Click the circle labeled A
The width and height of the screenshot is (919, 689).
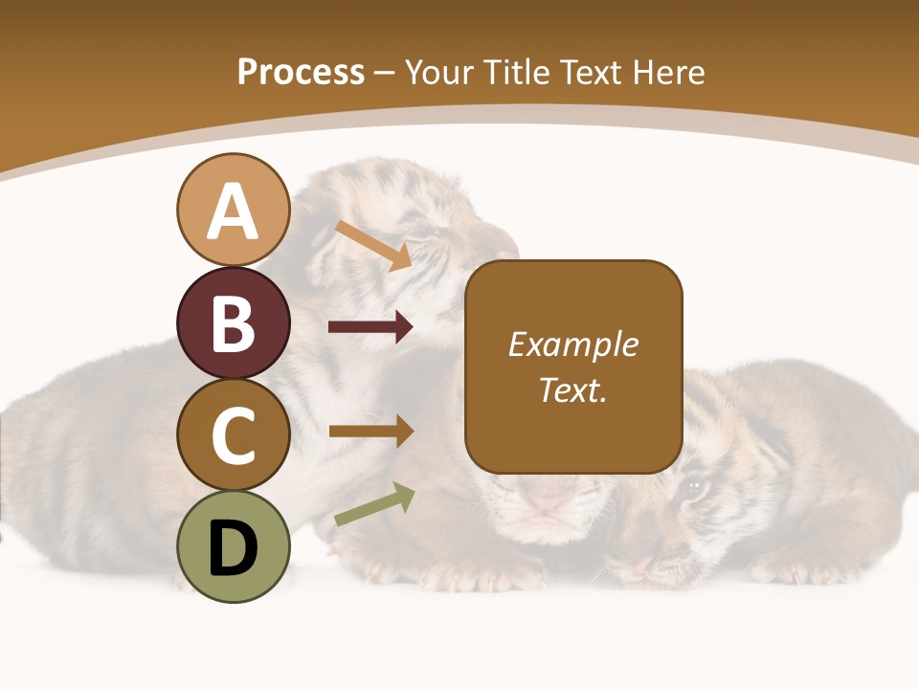coord(233,210)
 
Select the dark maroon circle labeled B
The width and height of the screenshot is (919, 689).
coord(233,322)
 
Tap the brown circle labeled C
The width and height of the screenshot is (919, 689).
coord(233,434)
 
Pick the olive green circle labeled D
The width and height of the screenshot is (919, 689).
coord(233,546)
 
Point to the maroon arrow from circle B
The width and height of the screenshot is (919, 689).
coord(370,327)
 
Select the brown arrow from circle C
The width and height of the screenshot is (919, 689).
coord(370,432)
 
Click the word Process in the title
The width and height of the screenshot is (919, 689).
coord(301,73)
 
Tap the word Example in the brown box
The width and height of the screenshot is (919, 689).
coord(572,344)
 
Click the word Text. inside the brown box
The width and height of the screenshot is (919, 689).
coord(572,389)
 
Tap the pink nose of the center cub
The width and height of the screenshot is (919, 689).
coord(549,499)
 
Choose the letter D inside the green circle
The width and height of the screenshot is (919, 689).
coord(233,549)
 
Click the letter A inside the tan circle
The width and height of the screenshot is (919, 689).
coord(233,211)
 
